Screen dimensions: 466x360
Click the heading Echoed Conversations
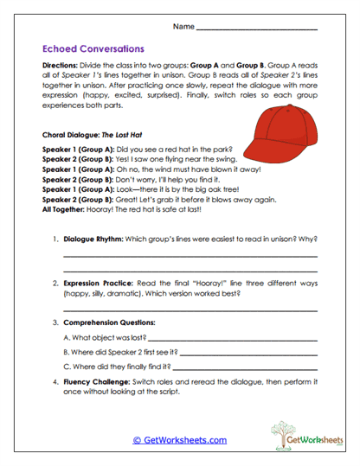tap(93, 49)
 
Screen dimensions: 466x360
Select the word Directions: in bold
tap(61, 67)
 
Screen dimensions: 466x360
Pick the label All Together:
tap(64, 208)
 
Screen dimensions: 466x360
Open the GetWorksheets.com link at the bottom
tap(180, 440)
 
